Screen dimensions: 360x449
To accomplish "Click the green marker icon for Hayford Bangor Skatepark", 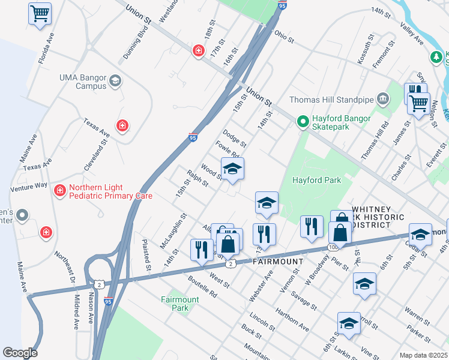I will pyautogui.click(x=303, y=122).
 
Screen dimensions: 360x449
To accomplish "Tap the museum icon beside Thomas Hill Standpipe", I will pyautogui.click(x=382, y=99).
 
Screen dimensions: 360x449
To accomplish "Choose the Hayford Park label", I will pyautogui.click(x=316, y=180).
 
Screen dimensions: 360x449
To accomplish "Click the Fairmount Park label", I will pyautogui.click(x=180, y=304).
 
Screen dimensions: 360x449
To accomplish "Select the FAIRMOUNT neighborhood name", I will pyautogui.click(x=276, y=262).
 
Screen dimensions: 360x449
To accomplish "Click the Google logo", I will pyautogui.click(x=20, y=352).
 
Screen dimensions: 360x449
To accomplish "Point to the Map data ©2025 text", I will pyautogui.click(x=423, y=355).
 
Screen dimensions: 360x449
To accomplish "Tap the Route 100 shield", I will pyautogui.click(x=333, y=247).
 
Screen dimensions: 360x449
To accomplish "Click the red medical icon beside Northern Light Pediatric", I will pyautogui.click(x=59, y=191).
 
